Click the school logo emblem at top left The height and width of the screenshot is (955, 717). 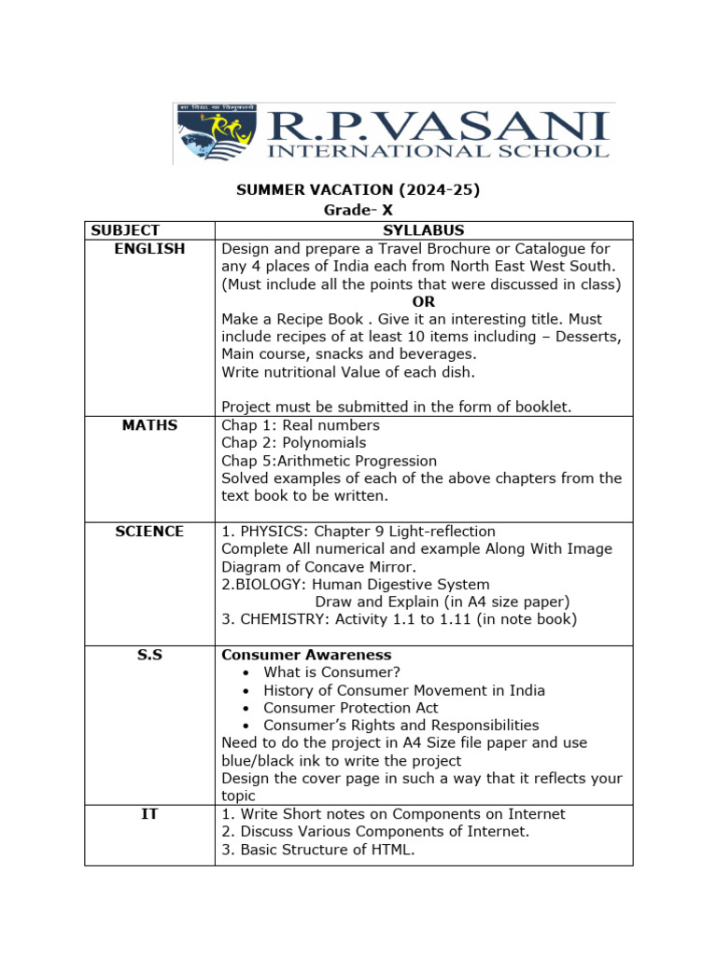pos(217,133)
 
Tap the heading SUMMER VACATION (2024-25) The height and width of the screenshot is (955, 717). pos(358,190)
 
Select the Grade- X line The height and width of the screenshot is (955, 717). pos(358,211)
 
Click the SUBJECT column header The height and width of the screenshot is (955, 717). pos(125,230)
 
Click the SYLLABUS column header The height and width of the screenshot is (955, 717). pos(423,230)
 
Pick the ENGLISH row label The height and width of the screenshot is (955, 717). pos(149,249)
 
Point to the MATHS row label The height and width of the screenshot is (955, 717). pos(149,425)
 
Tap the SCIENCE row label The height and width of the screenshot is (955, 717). pos(149,532)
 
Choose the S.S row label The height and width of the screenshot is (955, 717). pos(149,656)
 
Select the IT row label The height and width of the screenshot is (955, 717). pos(149,814)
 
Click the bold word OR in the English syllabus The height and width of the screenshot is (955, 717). pos(423,302)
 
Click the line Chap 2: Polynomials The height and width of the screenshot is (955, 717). pos(293,443)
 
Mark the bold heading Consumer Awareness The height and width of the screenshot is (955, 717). pos(306,656)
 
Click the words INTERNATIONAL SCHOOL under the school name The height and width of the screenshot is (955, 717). pos(438,150)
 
